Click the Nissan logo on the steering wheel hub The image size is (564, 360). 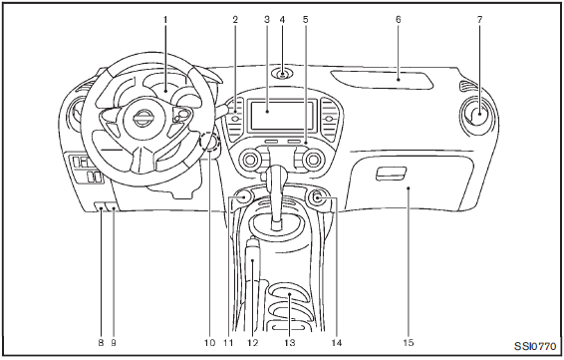(143, 119)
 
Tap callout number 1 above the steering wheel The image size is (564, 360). (165, 19)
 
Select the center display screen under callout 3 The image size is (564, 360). (282, 116)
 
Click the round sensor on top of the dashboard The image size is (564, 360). (282, 74)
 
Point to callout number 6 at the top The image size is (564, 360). (399, 19)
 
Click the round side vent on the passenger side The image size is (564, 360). (479, 114)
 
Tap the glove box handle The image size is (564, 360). (391, 174)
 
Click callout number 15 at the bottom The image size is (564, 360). (409, 342)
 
